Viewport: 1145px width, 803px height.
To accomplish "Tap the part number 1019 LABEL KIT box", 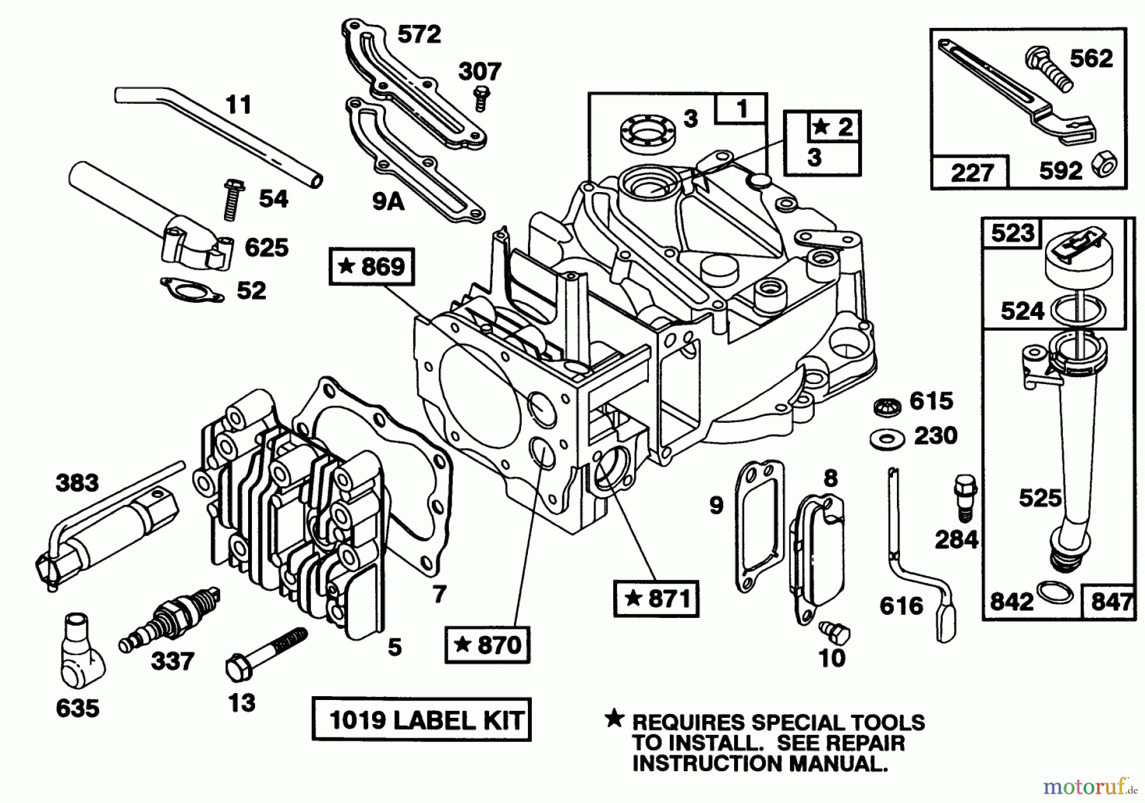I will tap(421, 720).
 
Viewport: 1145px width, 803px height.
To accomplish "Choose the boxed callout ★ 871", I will tap(656, 598).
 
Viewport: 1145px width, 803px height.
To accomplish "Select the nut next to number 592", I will tap(1104, 167).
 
